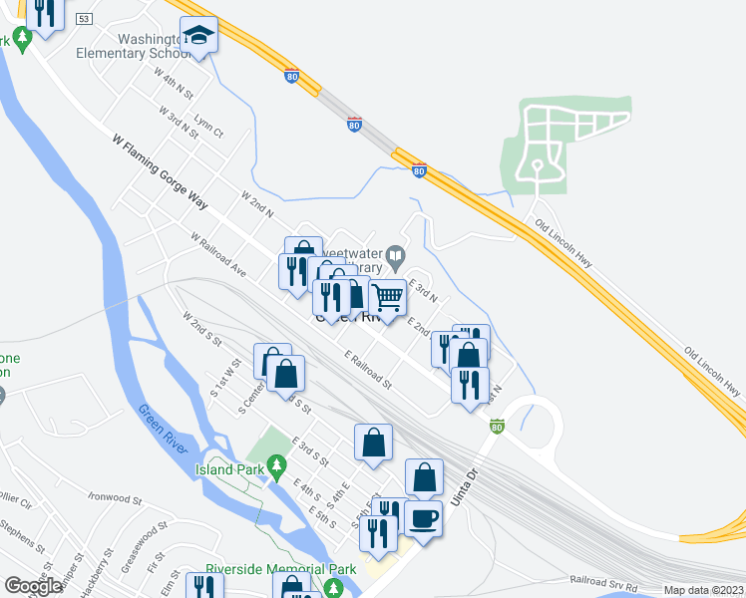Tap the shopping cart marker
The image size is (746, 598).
[387, 296]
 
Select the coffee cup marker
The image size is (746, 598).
[423, 520]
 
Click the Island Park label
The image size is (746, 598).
[228, 469]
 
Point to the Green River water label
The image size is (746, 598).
[165, 430]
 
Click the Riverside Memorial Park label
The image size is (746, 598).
[280, 570]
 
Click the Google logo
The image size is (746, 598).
[33, 586]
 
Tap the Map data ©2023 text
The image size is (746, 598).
[703, 590]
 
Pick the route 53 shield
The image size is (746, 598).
[83, 19]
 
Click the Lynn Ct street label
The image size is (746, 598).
[209, 126]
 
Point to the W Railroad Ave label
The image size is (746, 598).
[217, 253]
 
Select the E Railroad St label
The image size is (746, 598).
[368, 369]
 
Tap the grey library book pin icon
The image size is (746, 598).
[395, 255]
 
